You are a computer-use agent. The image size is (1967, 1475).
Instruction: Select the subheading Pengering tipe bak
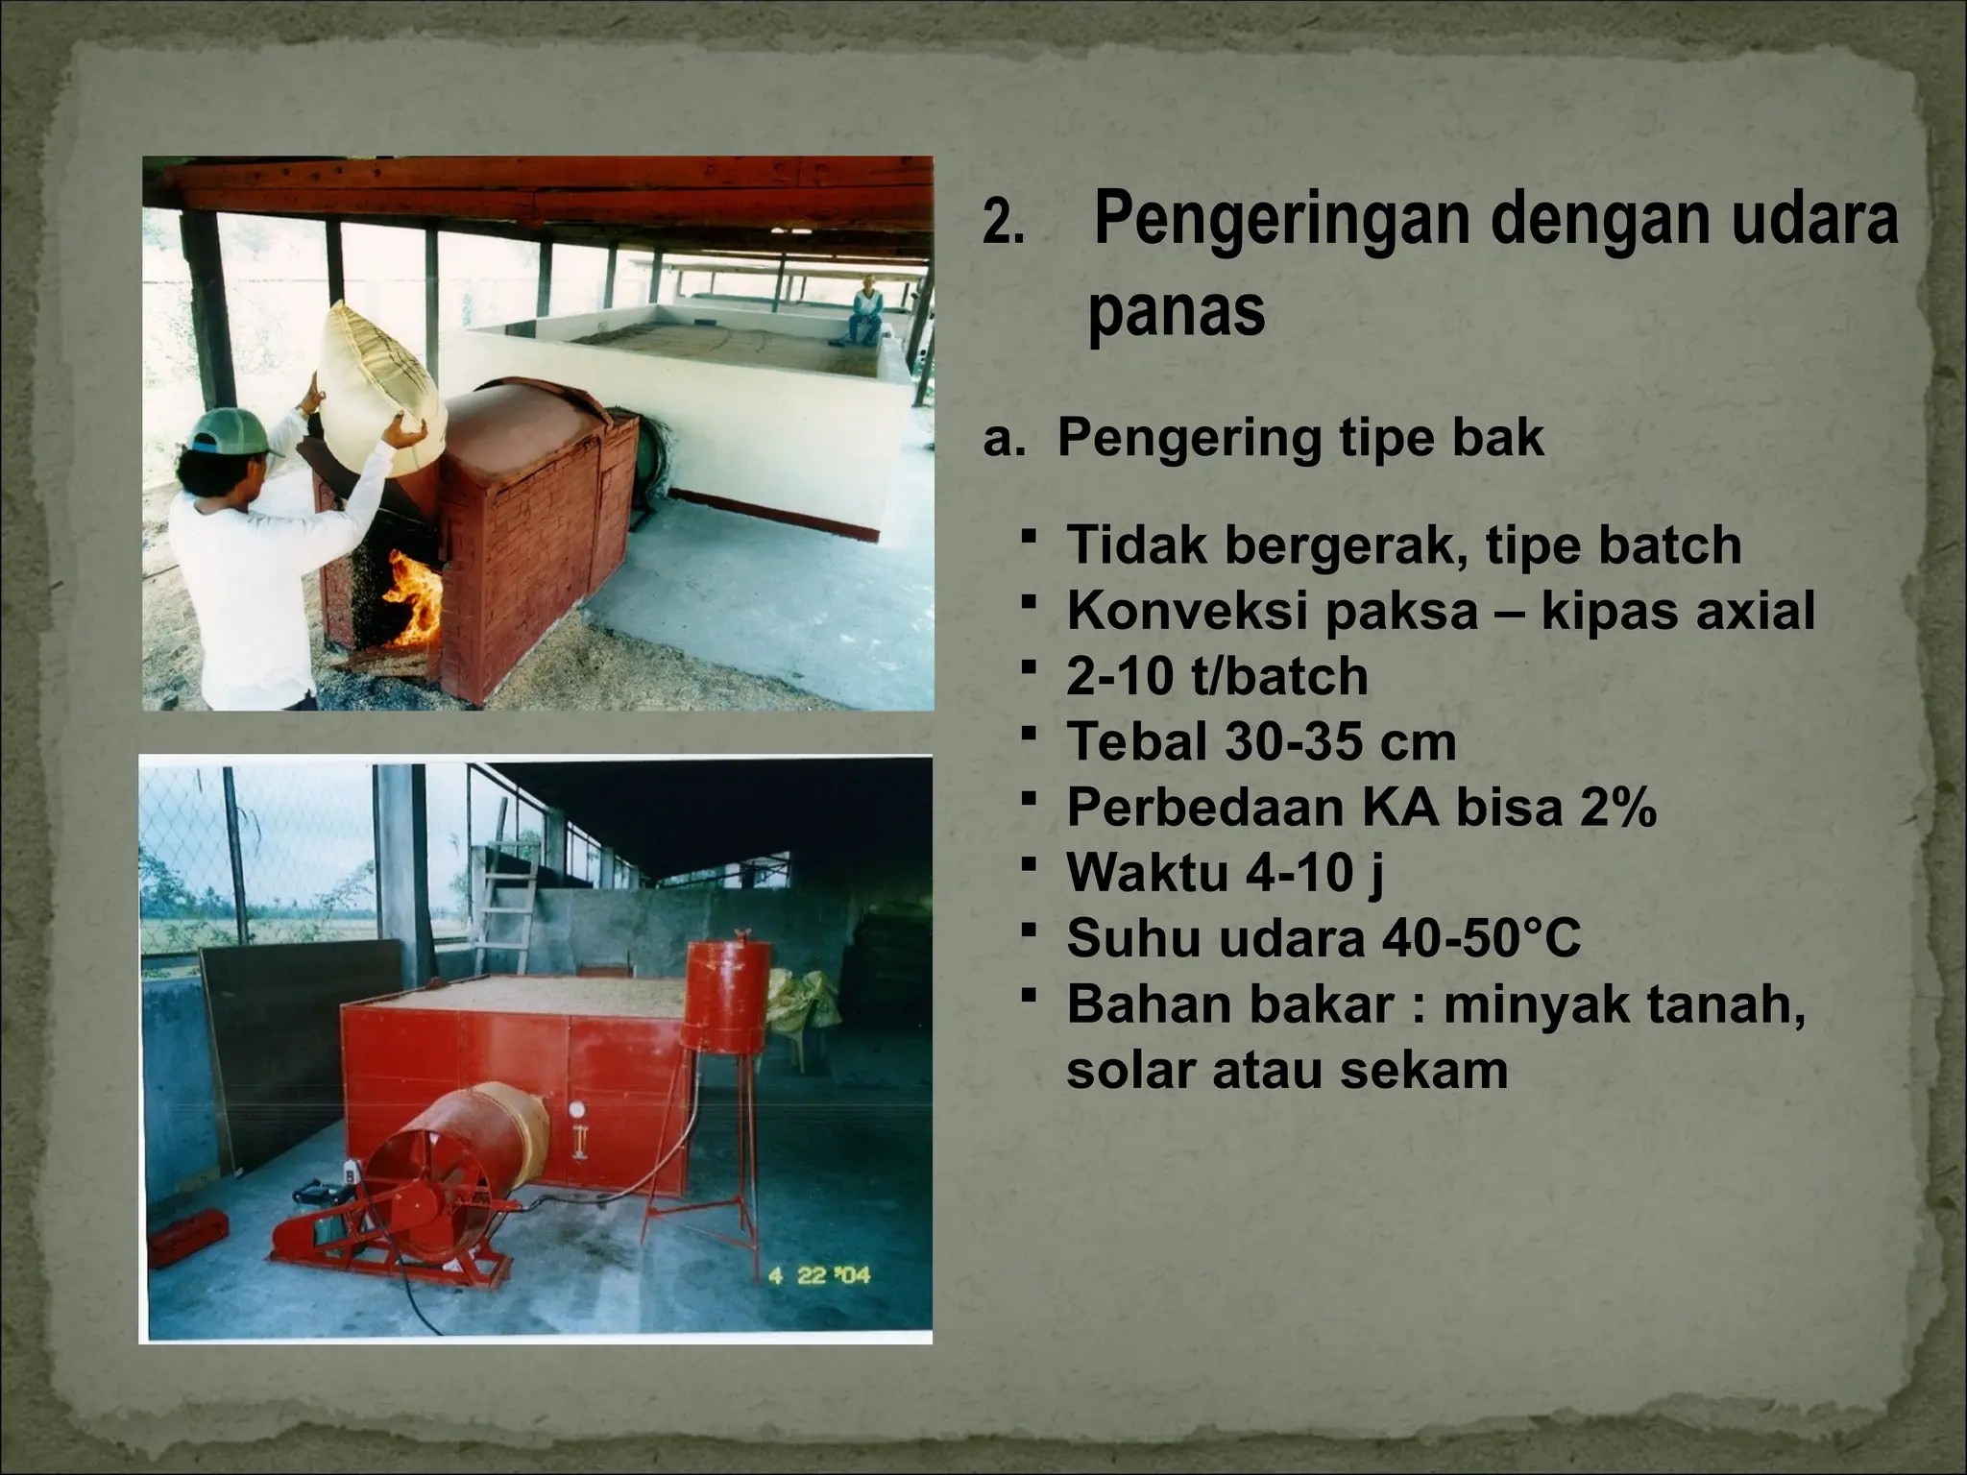1300,438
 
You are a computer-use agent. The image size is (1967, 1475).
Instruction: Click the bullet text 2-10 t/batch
1217,676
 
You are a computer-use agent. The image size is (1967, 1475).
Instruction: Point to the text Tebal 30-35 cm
1261,741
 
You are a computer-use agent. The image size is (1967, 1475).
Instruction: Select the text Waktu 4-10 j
1225,872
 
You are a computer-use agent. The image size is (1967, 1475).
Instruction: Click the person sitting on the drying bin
867,309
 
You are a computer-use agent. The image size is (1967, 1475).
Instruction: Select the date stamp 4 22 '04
819,1275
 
